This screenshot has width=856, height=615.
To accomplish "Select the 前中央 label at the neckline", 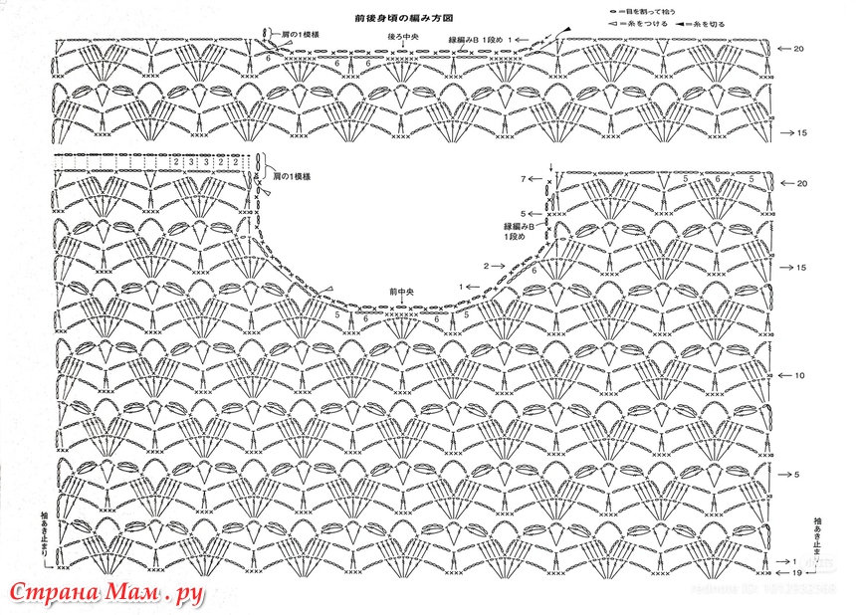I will coord(401,293).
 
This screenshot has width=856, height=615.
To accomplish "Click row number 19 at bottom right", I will coord(798,574).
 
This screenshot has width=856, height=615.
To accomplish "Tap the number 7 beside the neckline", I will coord(522,179).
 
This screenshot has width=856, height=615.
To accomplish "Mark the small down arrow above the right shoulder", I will coord(551,165).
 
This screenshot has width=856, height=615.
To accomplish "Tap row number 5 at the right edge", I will coord(797,473).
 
